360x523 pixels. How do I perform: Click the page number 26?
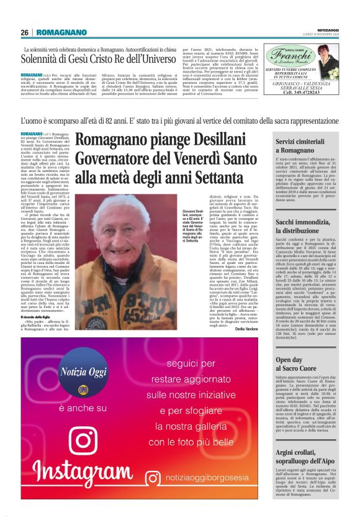click(25, 32)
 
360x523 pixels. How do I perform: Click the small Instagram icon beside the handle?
click(152, 480)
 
